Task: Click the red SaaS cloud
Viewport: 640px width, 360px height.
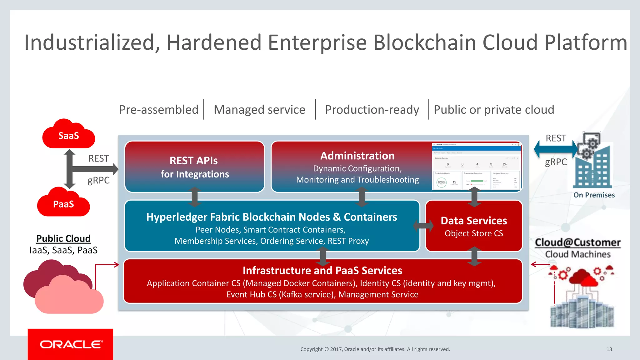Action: (68, 136)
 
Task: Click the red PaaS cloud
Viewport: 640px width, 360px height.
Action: (63, 204)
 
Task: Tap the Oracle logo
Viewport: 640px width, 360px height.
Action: (71, 344)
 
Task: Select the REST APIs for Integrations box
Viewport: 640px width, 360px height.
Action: (194, 167)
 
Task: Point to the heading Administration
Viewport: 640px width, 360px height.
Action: (357, 156)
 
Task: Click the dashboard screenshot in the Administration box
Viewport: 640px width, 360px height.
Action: (476, 166)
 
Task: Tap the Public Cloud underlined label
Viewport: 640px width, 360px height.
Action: (63, 238)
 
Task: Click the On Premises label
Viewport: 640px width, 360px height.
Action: (594, 195)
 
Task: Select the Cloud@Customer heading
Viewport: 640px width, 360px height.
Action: (577, 242)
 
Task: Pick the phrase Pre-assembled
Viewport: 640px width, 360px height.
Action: (159, 110)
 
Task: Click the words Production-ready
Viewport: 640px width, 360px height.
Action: (372, 110)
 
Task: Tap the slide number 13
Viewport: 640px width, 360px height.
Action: (609, 349)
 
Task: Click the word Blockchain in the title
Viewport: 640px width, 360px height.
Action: (424, 42)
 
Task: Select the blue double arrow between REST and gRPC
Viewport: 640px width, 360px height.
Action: (556, 149)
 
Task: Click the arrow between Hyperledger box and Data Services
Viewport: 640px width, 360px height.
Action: (423, 225)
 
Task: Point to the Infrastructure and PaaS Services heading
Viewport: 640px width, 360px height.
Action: (322, 270)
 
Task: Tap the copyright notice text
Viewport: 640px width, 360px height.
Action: (375, 349)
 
